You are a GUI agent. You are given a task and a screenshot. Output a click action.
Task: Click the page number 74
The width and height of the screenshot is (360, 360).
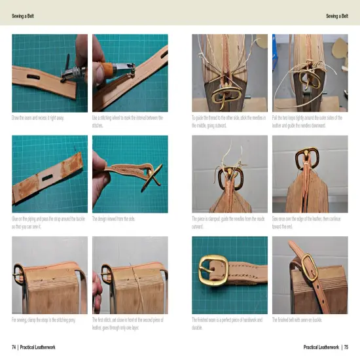pos(13,346)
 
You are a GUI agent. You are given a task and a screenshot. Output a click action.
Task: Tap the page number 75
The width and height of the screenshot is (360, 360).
pos(346,346)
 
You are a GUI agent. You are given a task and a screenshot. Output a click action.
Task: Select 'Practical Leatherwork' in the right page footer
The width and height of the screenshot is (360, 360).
pos(321,346)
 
